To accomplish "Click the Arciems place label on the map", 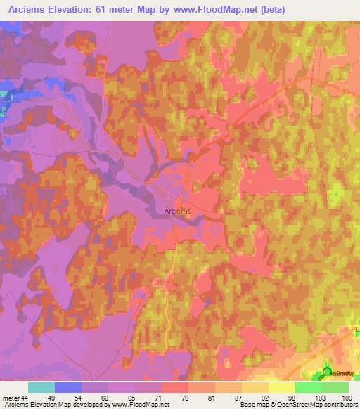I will click(176, 209).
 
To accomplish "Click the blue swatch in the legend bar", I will click(68, 387).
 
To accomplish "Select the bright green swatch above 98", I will click(308, 387).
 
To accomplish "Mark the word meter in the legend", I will click(11, 398).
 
